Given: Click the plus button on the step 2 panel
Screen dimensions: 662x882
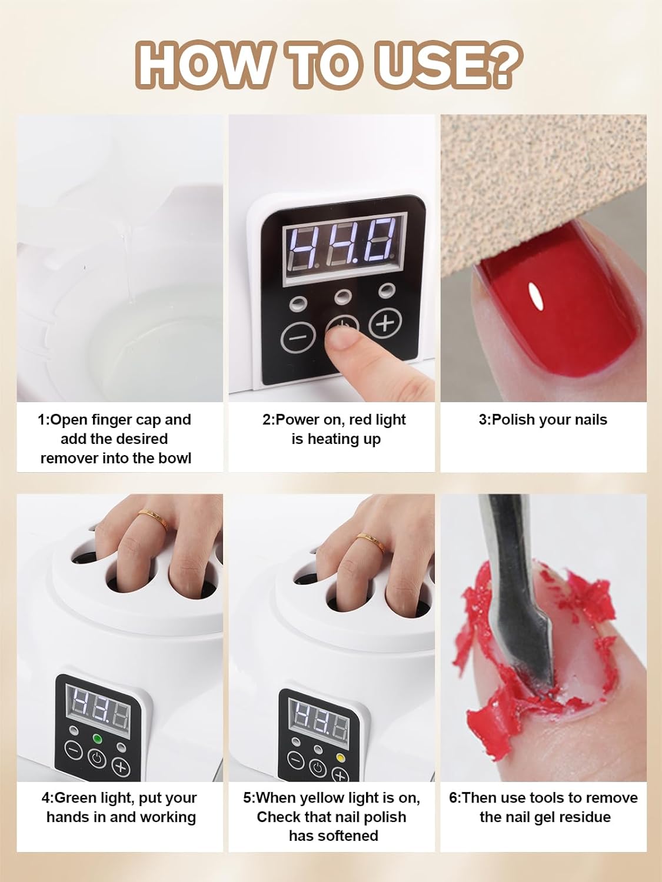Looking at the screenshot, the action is tap(385, 322).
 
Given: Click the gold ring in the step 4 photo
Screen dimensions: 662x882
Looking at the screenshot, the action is tap(153, 520).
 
